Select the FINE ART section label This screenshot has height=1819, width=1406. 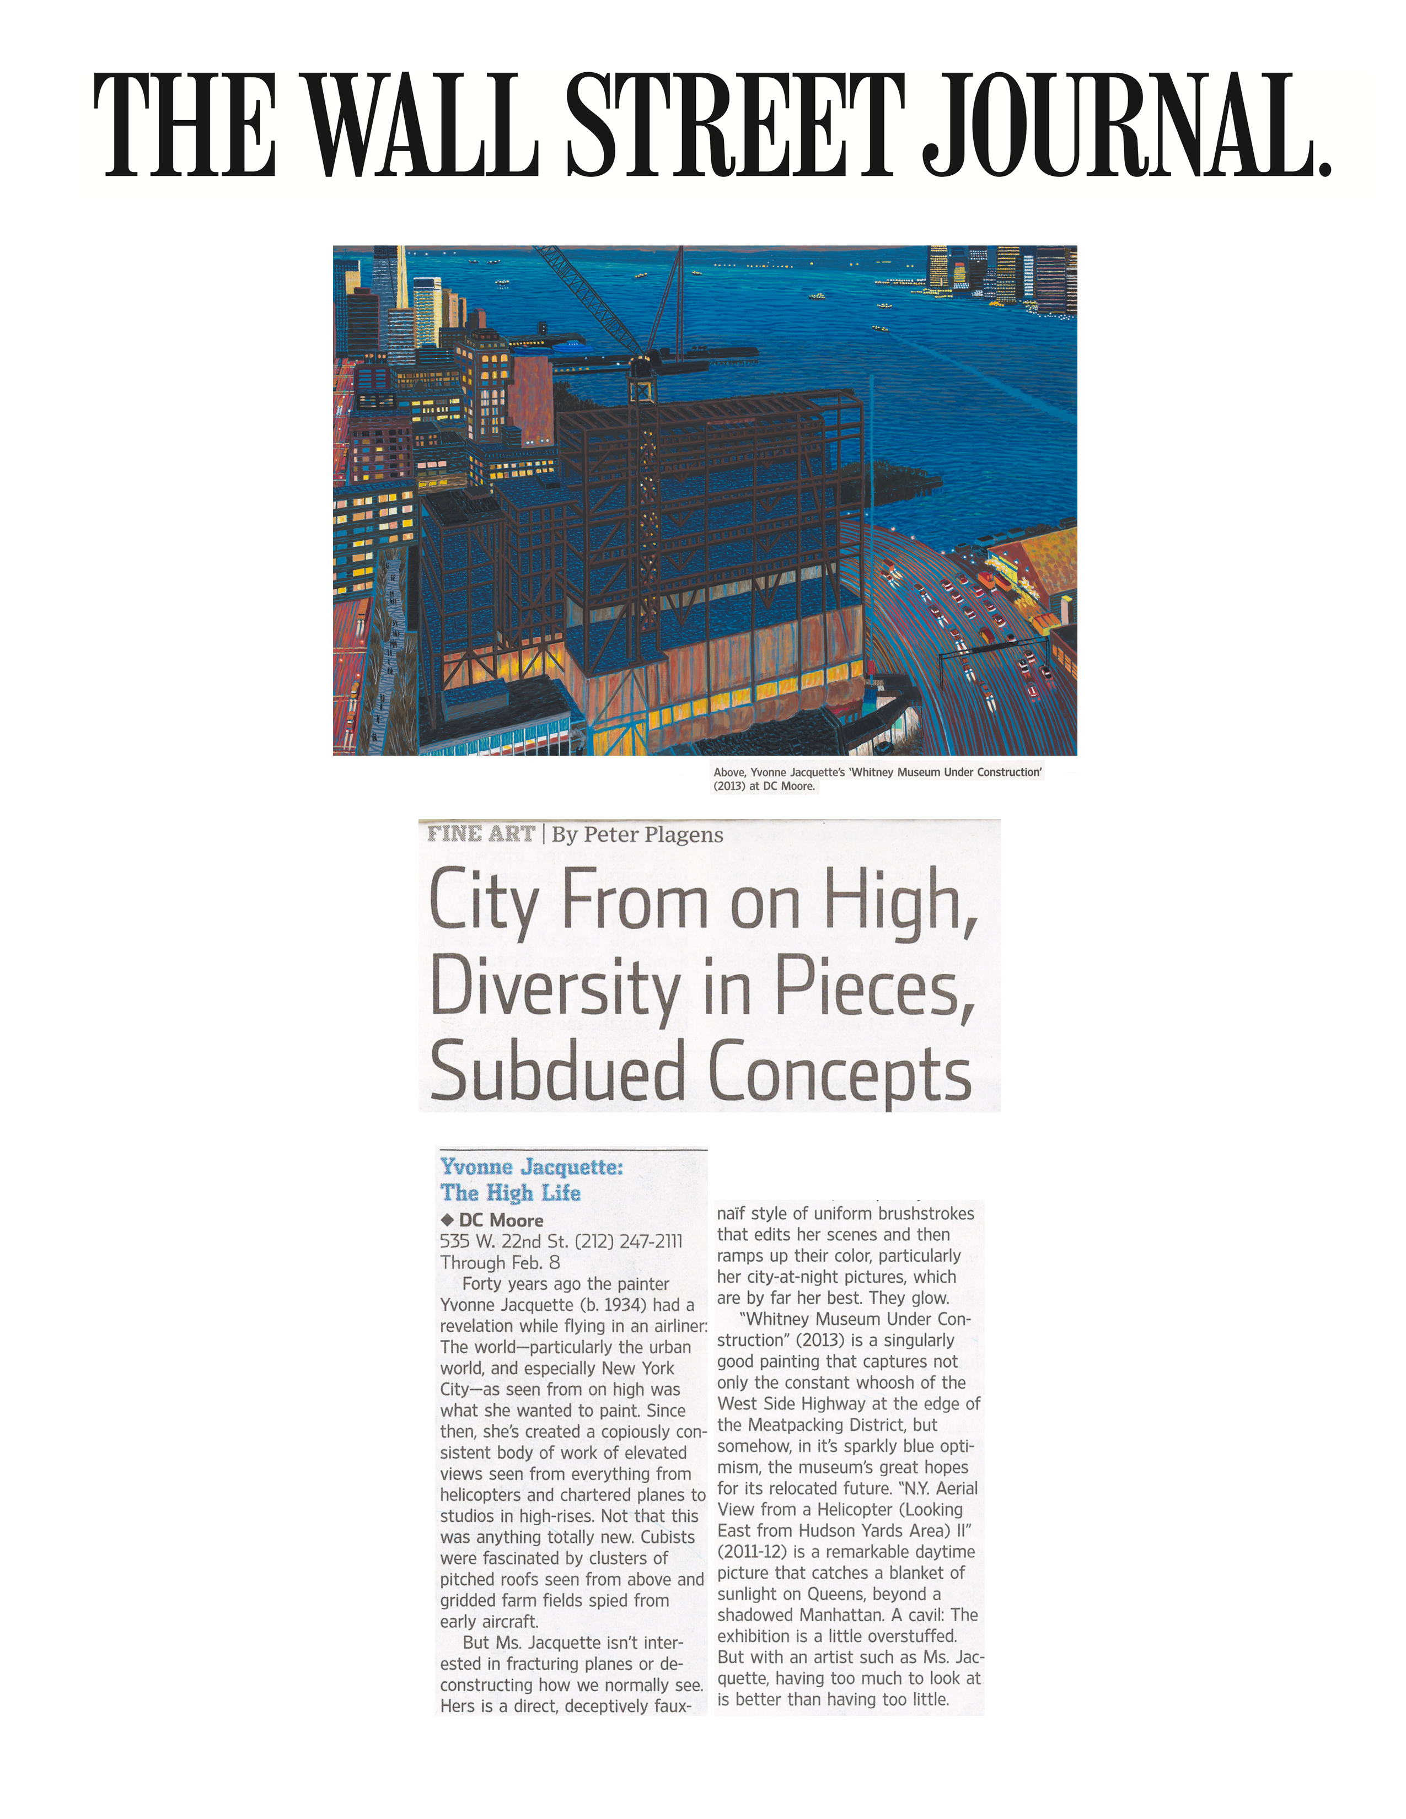point(481,833)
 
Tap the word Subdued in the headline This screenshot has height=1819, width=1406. point(557,1073)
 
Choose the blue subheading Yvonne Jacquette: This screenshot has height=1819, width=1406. point(532,1167)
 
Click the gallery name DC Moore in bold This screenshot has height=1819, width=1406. point(501,1220)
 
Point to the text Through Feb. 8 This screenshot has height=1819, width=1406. point(500,1263)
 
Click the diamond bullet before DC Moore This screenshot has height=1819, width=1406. point(447,1220)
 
